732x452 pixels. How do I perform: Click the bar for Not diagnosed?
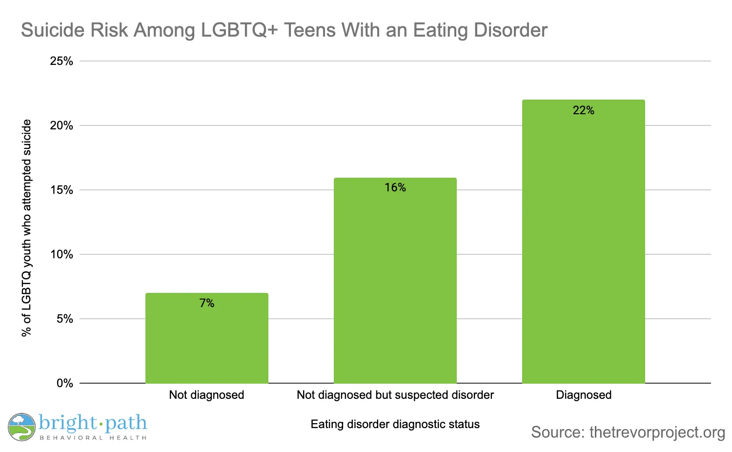click(x=207, y=342)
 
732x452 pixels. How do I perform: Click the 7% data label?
click(x=207, y=303)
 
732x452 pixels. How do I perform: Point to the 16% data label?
click(x=395, y=187)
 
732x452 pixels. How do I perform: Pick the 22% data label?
click(x=584, y=110)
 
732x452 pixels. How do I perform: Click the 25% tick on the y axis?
click(x=61, y=61)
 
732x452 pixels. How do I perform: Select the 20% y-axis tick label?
click(x=61, y=125)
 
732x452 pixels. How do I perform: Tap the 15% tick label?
click(x=61, y=190)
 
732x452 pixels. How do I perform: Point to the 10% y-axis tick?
click(x=61, y=254)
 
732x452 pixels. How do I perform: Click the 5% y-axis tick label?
click(x=64, y=319)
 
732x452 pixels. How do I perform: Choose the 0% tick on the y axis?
click(x=64, y=383)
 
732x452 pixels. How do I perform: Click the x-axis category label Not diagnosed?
click(x=206, y=395)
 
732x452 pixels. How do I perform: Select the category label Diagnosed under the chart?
click(x=584, y=395)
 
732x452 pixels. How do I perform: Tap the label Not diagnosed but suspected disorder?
click(x=395, y=395)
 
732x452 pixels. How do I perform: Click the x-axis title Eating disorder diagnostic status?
click(x=395, y=424)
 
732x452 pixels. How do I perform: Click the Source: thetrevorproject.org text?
click(x=628, y=432)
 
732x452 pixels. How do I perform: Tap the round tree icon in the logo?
click(x=21, y=427)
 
